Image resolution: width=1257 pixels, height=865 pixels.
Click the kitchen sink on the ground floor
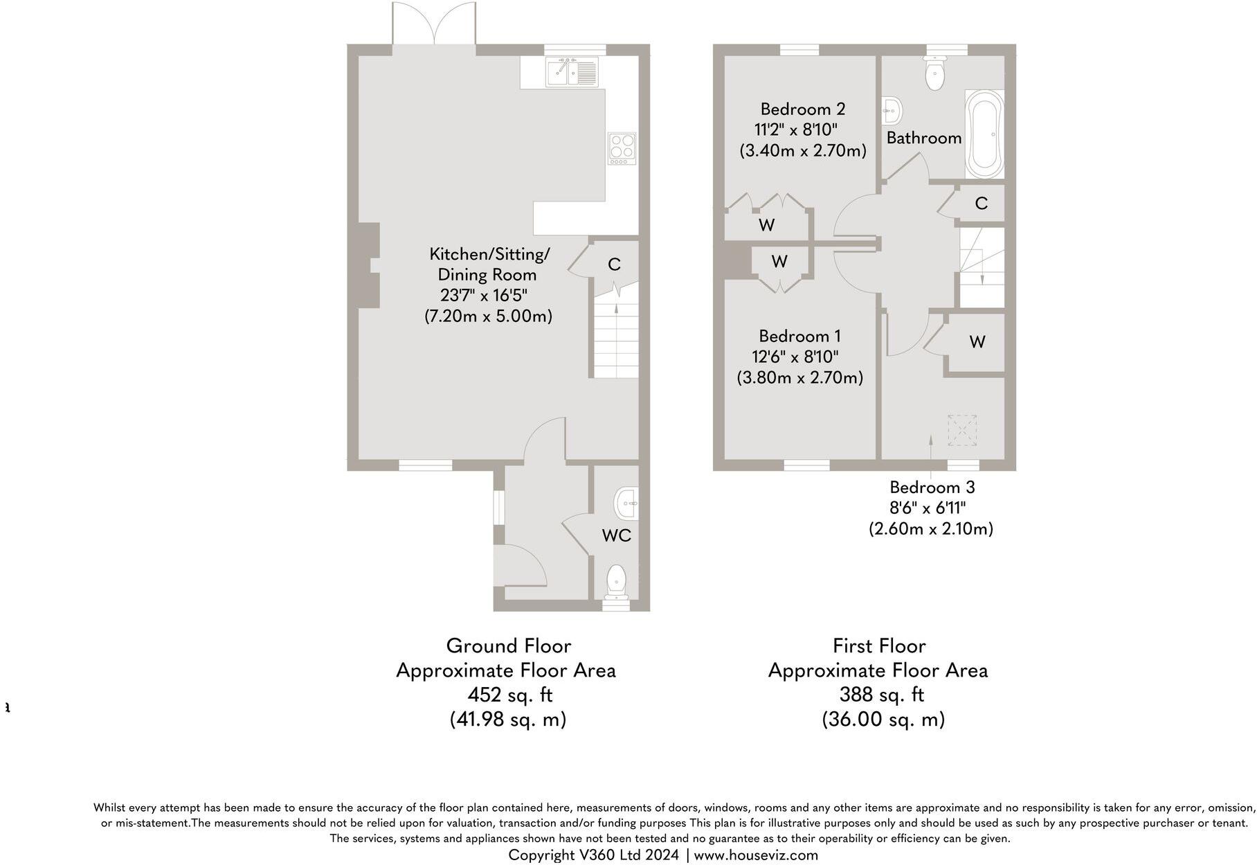tap(572, 72)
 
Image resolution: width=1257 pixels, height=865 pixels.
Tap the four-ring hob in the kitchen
tap(622, 148)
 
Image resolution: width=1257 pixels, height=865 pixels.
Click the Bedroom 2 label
tap(802, 109)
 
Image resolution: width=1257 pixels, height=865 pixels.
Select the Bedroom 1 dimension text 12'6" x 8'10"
tap(795, 357)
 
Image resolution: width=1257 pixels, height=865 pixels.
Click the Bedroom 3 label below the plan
tap(932, 487)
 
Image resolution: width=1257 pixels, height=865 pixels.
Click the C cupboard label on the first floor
tap(980, 203)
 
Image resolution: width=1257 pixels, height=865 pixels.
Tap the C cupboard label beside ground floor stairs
tap(613, 264)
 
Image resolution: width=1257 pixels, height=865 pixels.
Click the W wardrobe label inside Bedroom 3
tap(977, 341)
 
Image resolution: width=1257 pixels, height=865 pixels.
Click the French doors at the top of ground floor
tap(434, 26)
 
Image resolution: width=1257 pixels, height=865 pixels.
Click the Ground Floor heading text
tap(508, 645)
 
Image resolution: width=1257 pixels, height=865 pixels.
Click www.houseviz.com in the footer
tap(756, 855)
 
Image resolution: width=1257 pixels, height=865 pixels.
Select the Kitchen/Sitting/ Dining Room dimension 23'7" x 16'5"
tap(484, 295)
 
